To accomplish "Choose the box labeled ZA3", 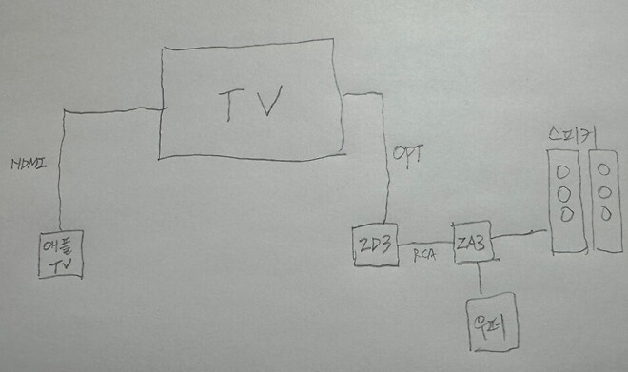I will pos(472,245).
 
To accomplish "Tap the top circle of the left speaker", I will pos(563,174).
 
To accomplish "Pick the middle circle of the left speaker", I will pos(564,194).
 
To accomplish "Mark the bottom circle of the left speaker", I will pos(564,214).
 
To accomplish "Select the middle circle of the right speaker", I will pos(605,190).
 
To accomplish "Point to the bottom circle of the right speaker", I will pos(605,211).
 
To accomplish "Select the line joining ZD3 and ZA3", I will pos(424,244).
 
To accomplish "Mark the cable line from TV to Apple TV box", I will pos(63,171).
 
